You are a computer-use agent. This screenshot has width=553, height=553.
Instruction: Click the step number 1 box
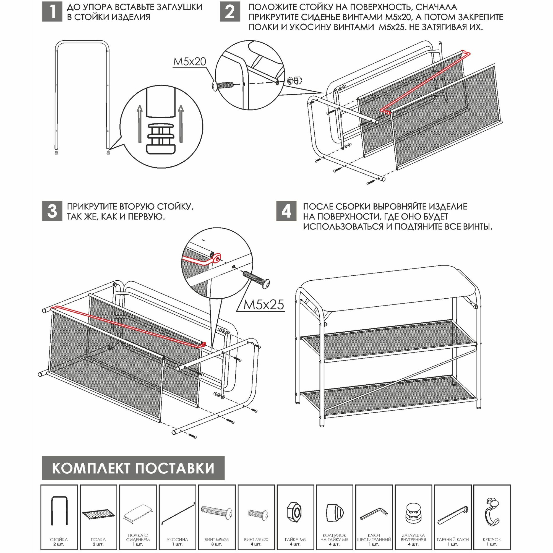tap(52, 11)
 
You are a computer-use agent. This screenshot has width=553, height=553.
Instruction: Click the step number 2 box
tap(230, 11)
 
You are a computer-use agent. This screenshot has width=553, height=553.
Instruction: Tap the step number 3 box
tap(52, 211)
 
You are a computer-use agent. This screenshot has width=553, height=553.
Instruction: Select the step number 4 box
tap(286, 211)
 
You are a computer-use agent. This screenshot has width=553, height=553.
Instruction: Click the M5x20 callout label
tap(189, 62)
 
